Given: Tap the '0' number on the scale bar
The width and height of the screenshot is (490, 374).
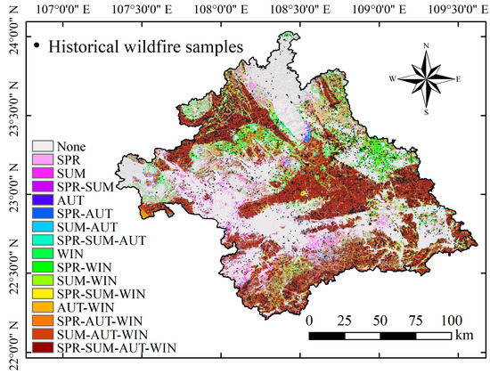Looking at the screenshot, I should pos(309,321).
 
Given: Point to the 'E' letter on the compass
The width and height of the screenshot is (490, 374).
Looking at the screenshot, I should pos(458,78).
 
